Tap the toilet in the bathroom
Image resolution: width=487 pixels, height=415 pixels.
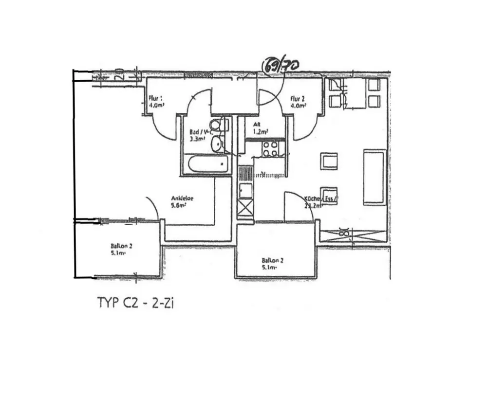pos(216,125)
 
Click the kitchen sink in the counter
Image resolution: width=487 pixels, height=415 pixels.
pos(245,190)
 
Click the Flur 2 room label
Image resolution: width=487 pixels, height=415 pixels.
pos(298,98)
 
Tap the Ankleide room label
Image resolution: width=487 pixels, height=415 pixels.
pos(183,198)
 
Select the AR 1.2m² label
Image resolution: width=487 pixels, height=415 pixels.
pos(261,128)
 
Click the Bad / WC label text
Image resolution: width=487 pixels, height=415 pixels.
pos(202,132)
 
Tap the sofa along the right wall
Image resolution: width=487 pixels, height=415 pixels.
pos(374,177)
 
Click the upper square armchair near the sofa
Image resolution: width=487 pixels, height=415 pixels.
pos(329,161)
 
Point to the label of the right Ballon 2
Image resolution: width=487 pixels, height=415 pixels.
pos(273,260)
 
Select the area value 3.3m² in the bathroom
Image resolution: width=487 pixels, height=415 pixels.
pos(197,139)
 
